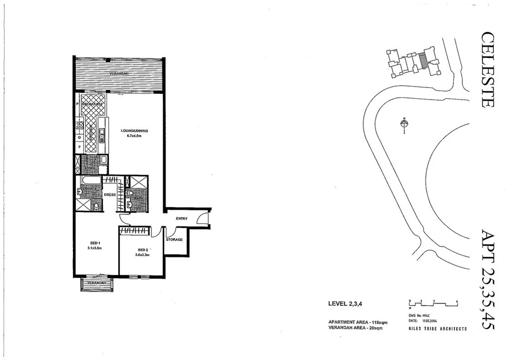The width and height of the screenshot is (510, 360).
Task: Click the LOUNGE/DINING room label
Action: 134,131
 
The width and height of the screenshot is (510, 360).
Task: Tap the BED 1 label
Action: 95,243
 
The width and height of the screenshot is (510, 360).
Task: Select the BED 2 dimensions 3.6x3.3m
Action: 143,255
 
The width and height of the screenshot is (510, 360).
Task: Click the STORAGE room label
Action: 174,239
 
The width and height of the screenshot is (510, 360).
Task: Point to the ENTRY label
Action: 181,219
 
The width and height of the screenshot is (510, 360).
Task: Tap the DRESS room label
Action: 110,195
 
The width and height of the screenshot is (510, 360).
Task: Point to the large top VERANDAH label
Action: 119,73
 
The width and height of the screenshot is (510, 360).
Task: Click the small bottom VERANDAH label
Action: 97,282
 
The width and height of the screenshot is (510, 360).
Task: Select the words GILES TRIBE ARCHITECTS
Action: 438,329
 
